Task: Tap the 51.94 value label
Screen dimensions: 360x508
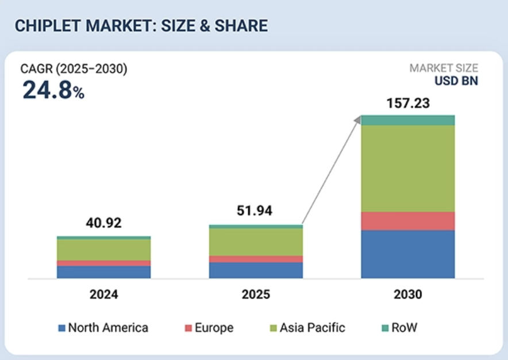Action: pyautogui.click(x=256, y=211)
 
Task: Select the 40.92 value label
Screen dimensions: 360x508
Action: pyautogui.click(x=103, y=223)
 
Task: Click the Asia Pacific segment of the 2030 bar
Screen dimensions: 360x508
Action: pyautogui.click(x=407, y=168)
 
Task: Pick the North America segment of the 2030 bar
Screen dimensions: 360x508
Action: pyautogui.click(x=407, y=254)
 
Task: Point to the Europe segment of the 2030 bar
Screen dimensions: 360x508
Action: pyautogui.click(x=407, y=221)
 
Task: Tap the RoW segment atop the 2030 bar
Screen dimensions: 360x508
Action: pyautogui.click(x=407, y=120)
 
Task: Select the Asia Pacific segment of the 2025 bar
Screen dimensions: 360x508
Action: pyautogui.click(x=256, y=242)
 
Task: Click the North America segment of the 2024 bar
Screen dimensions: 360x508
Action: pyautogui.click(x=103, y=272)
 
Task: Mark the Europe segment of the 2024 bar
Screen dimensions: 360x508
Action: pyautogui.click(x=103, y=263)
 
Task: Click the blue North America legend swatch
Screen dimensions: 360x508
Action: pyautogui.click(x=61, y=328)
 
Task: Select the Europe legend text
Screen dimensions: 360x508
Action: pyautogui.click(x=214, y=328)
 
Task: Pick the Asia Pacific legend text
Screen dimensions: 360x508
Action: pyautogui.click(x=312, y=328)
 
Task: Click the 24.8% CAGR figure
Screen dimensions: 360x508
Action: pyautogui.click(x=53, y=90)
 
